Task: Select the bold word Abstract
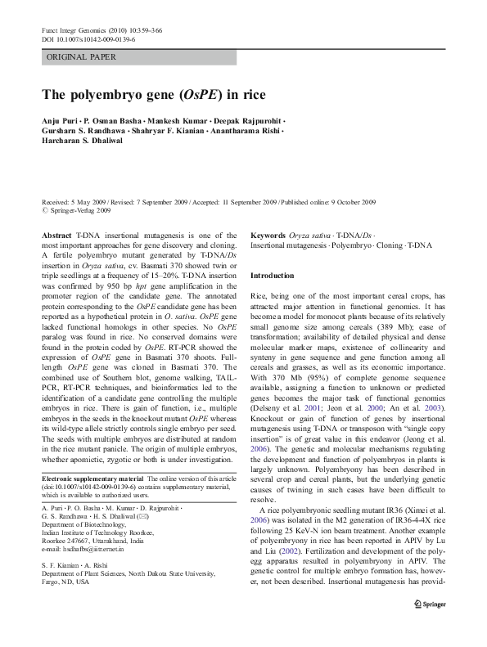pos(56,234)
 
